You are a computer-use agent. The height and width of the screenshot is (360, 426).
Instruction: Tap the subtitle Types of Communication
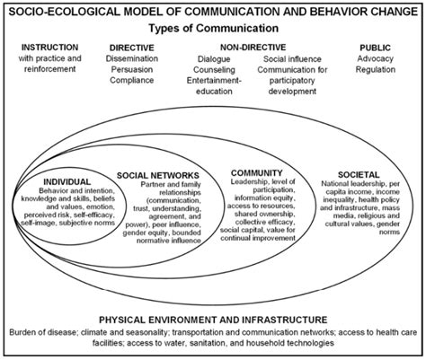tap(212, 29)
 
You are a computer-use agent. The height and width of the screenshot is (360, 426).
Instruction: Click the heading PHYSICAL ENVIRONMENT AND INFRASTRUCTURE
tap(212, 319)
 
